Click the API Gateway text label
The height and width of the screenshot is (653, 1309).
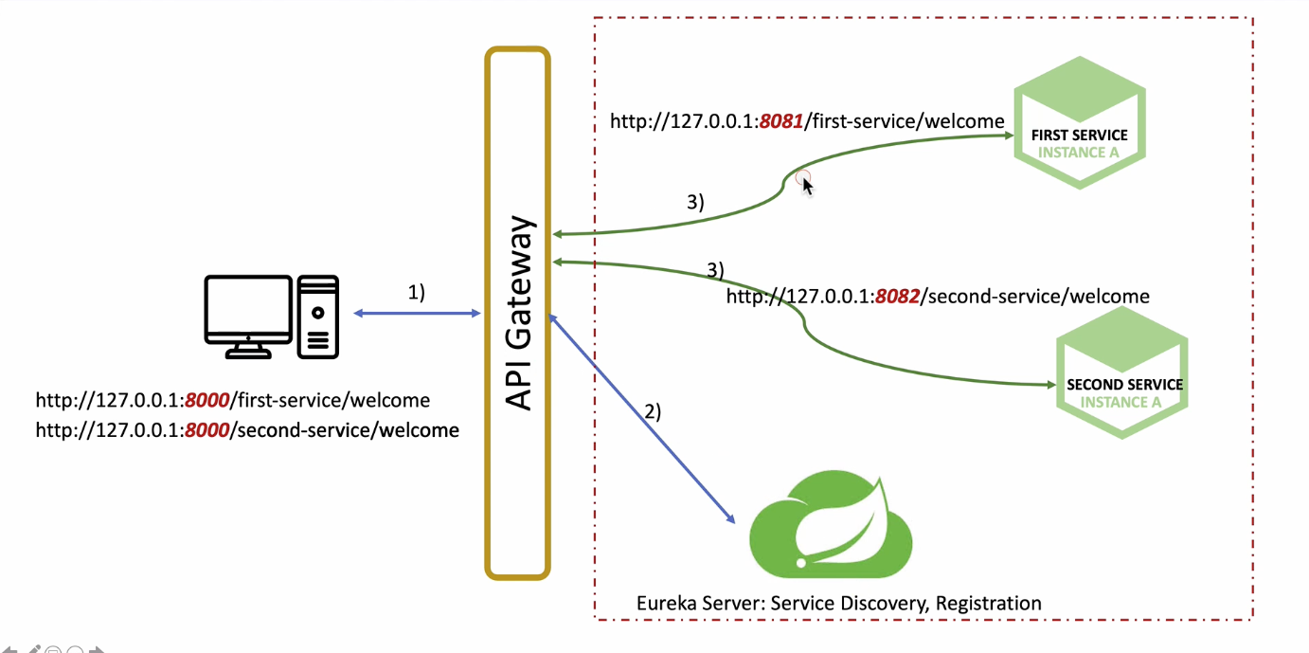click(x=520, y=313)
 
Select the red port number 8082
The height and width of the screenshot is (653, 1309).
click(x=897, y=297)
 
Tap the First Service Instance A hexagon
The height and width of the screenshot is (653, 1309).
click(x=1079, y=123)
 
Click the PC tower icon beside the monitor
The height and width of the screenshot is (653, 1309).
click(x=317, y=317)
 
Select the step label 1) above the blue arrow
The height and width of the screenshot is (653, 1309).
click(x=417, y=293)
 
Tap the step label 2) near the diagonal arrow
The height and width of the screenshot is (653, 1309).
click(x=653, y=411)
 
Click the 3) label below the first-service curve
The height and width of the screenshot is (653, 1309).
click(x=696, y=202)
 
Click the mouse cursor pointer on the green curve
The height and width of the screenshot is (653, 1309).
click(x=807, y=185)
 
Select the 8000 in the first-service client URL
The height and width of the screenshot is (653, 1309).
click(x=207, y=400)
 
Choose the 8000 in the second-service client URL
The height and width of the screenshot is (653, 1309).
click(x=207, y=430)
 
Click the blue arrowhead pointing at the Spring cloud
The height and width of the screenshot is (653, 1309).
click(x=730, y=518)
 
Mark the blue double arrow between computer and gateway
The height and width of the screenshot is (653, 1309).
click(x=417, y=314)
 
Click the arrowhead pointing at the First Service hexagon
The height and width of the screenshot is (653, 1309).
click(x=1006, y=136)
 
